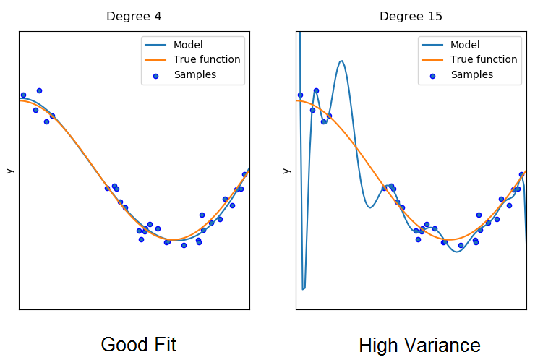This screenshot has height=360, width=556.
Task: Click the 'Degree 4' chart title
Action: (134, 16)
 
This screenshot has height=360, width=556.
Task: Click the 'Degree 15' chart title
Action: (411, 16)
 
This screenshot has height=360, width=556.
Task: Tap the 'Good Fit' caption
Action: (138, 344)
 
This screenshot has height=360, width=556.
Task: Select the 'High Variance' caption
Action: (419, 345)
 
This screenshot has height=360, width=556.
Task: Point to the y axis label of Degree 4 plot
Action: (9, 171)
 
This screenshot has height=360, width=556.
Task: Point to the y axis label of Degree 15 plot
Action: (286, 171)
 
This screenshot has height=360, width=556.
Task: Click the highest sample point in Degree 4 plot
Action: (39, 90)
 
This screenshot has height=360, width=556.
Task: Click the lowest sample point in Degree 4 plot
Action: (184, 245)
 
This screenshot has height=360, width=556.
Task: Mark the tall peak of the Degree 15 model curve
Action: (341, 61)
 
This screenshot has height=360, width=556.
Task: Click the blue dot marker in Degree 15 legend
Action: (432, 75)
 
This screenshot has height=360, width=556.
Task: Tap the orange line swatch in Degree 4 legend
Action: (156, 60)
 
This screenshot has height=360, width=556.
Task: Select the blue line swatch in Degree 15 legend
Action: (432, 45)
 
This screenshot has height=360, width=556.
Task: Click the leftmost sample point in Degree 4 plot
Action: (23, 95)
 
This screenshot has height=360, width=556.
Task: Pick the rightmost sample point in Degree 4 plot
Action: (244, 174)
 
